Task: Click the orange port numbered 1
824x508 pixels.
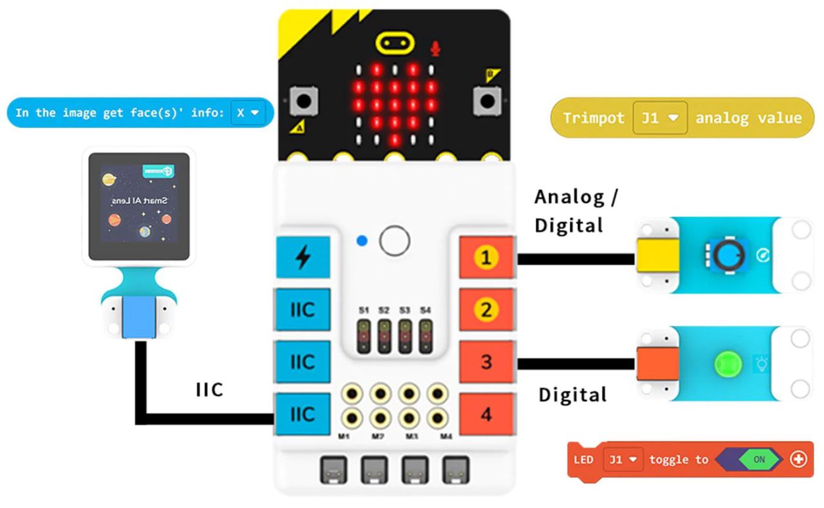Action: coord(486,259)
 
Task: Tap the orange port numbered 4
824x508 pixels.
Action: coord(486,415)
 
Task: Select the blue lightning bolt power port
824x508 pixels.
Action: coord(303,258)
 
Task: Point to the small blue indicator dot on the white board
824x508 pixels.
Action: coord(362,240)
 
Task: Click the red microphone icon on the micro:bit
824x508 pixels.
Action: coord(436,48)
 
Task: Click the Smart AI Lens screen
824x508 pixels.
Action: coord(139,206)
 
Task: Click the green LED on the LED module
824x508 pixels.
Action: coord(727,364)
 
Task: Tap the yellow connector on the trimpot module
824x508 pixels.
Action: coord(657,258)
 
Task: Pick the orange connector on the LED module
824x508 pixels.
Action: coord(657,364)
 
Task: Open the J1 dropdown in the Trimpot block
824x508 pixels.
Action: coord(659,118)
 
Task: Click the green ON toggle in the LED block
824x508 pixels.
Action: coord(759,459)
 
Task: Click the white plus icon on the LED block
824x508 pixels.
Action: coord(798,459)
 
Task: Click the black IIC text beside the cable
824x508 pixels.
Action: coord(209,390)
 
